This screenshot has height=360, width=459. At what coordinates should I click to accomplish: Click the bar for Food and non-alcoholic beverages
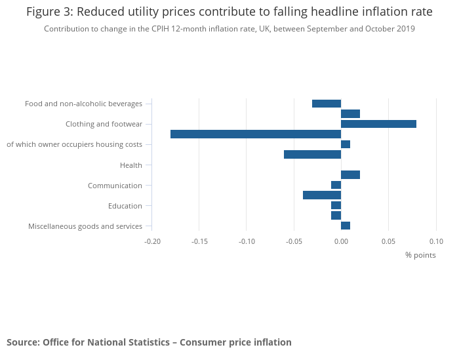coord(327,104)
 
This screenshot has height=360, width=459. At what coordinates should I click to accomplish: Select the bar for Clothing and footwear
coord(378,124)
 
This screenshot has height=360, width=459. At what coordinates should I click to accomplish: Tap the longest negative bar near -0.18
coord(256,134)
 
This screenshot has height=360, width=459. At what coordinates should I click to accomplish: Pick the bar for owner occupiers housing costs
coord(346,144)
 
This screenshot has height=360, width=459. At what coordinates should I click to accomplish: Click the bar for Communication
coord(336,185)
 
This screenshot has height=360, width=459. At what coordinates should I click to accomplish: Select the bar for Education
coord(336,205)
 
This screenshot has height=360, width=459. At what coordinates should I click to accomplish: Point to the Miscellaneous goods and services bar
coord(346,226)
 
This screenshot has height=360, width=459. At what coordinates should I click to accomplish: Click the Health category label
coord(131,165)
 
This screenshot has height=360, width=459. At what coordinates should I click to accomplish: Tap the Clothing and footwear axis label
coord(104,125)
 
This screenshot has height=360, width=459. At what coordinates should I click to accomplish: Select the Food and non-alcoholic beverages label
coord(83,104)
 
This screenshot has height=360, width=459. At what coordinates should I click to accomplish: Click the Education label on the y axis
coord(125,206)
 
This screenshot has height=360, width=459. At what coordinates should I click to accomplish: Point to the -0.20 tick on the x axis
coord(152,241)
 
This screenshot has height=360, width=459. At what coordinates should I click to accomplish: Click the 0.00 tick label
coord(341,241)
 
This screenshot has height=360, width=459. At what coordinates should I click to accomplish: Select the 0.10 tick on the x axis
coord(435,241)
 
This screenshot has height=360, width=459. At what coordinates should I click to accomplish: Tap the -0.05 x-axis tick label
coord(294,241)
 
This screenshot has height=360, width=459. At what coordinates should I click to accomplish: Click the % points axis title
coord(420,255)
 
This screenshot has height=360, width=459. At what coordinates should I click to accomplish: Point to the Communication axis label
coord(115,186)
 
